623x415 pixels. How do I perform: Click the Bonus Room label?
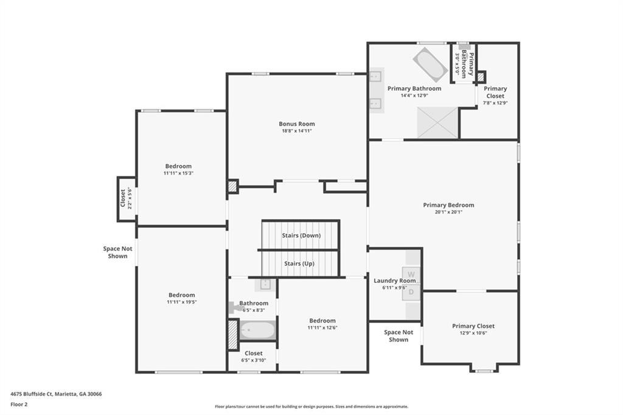click(x=297, y=124)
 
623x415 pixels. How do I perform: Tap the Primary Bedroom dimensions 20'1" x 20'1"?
click(x=448, y=212)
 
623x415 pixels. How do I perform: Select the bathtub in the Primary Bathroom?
click(x=430, y=63)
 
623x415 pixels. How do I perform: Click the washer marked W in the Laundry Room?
click(x=412, y=274)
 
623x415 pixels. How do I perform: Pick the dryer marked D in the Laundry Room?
click(x=412, y=291)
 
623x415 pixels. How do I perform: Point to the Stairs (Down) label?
click(x=301, y=235)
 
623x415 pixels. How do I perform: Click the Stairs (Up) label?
click(x=299, y=263)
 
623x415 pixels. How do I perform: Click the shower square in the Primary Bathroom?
click(x=438, y=122)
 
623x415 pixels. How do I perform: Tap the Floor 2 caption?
click(x=20, y=404)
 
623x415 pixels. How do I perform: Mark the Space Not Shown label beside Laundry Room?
click(x=399, y=336)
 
